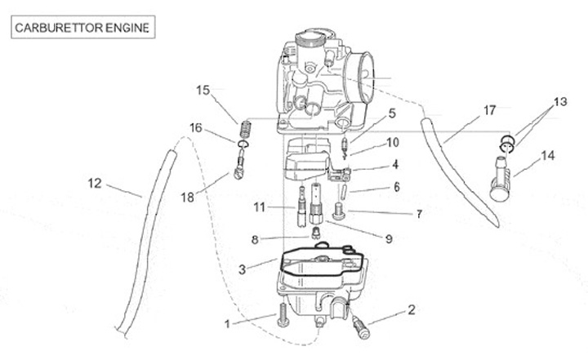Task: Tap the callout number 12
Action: click(x=96, y=184)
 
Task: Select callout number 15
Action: click(x=203, y=90)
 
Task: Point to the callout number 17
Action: click(x=489, y=109)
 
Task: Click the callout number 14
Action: click(x=546, y=154)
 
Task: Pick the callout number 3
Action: click(x=242, y=269)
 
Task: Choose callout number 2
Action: click(x=411, y=309)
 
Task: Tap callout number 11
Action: click(x=260, y=207)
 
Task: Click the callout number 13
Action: click(x=559, y=102)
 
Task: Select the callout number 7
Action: click(x=419, y=215)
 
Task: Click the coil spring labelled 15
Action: click(x=244, y=131)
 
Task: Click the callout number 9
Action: click(x=388, y=238)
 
